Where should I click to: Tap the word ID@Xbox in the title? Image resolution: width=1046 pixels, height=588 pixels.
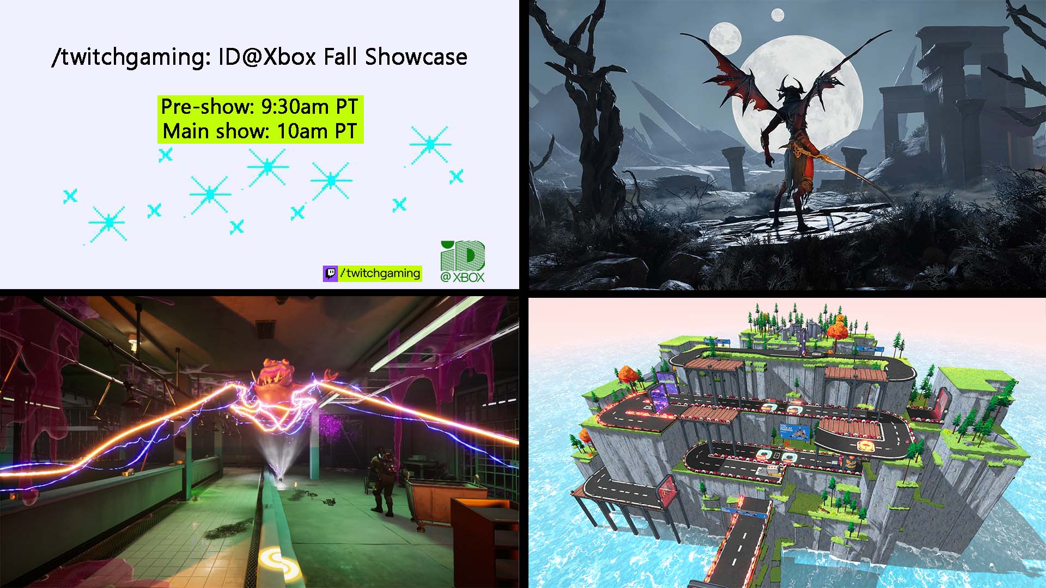point(267,57)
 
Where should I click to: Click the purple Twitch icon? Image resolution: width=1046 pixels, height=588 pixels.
point(330,273)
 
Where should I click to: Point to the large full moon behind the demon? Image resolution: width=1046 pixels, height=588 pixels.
point(806,93)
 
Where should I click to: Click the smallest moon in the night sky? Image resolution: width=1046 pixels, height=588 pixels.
point(777,15)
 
